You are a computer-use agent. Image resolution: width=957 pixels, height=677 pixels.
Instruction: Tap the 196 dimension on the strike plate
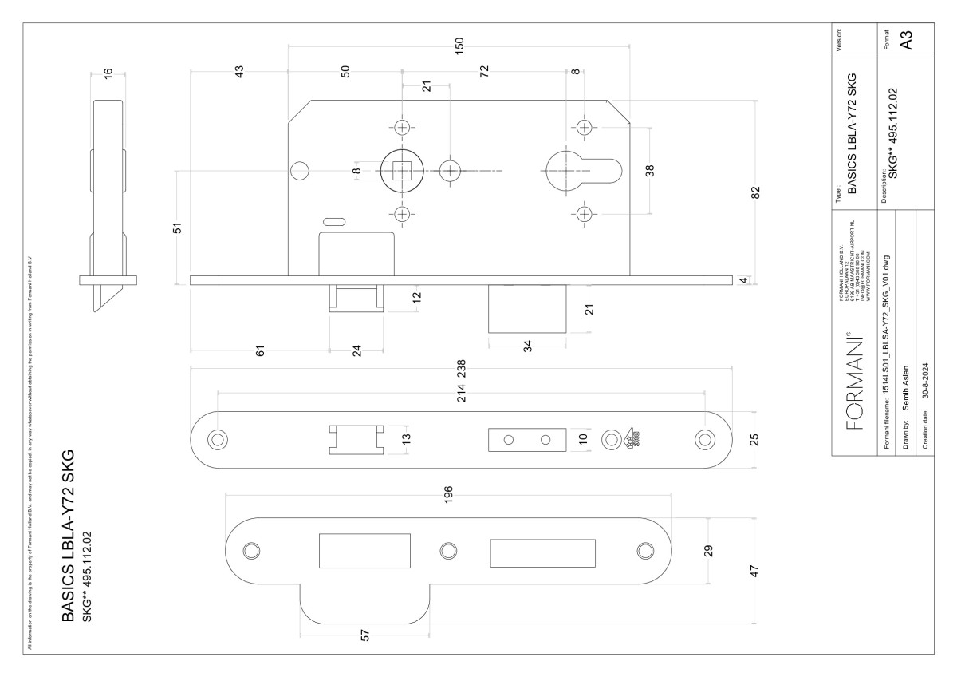point(448,490)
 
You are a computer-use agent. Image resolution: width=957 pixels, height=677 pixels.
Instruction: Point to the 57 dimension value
point(366,636)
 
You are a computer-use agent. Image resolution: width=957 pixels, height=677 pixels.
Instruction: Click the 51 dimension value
point(179,228)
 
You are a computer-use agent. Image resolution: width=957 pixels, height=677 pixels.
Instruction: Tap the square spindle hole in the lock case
point(401,169)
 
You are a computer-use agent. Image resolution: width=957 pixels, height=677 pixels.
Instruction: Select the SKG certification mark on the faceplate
point(628,439)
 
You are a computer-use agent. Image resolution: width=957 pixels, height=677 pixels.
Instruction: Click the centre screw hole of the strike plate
point(447,550)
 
